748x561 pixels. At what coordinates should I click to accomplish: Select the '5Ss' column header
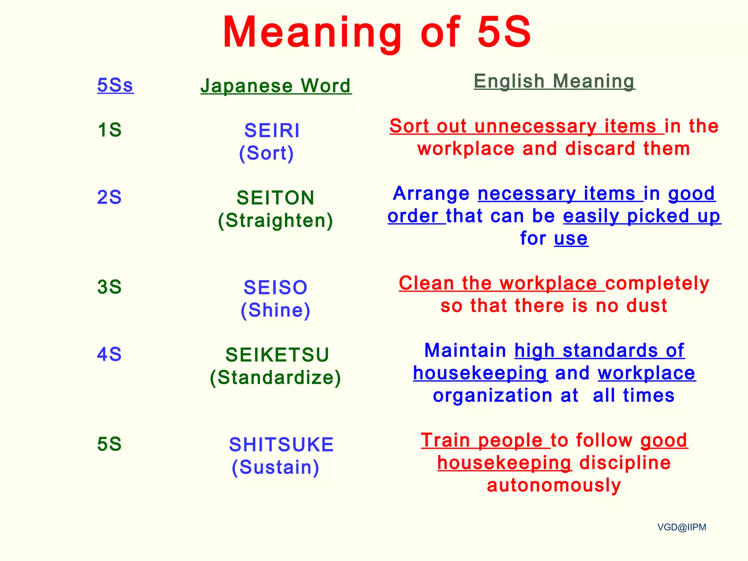tap(115, 85)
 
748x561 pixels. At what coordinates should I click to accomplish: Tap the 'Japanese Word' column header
tap(276, 86)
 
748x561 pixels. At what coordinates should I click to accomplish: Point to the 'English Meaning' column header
tap(554, 81)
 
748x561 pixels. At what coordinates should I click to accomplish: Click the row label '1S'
tap(110, 130)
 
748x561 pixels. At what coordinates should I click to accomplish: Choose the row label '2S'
tap(109, 197)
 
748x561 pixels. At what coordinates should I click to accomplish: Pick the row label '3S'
tap(109, 287)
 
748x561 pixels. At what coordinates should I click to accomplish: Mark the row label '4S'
tap(109, 354)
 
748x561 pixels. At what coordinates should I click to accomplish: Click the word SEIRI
tap(272, 130)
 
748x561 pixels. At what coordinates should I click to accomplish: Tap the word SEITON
tap(276, 198)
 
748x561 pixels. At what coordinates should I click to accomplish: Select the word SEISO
tap(276, 287)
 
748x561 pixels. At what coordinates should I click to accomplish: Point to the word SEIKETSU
tap(277, 355)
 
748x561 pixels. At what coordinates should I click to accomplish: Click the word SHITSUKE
tap(281, 444)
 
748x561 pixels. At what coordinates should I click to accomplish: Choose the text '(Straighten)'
tap(275, 221)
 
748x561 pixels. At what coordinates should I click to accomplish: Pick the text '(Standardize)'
tap(275, 377)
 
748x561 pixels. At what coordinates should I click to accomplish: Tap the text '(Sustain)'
tap(275, 467)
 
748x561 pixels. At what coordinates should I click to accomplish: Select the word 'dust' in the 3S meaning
tap(646, 305)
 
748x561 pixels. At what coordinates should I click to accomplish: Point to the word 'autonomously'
tap(554, 485)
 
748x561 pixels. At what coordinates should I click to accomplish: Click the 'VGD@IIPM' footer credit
tap(682, 527)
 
